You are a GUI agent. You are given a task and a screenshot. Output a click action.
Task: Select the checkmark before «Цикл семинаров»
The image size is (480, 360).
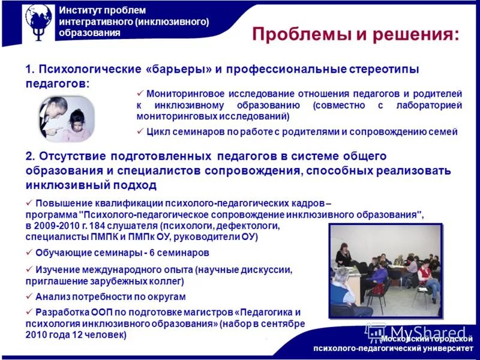coord(140,131)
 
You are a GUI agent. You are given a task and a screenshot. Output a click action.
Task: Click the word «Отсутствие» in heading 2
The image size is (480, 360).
coord(72,156)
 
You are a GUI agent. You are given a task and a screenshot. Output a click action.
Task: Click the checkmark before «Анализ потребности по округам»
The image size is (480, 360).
coord(29,296)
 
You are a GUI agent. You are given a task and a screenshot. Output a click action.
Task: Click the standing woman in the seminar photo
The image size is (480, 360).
coord(344,256)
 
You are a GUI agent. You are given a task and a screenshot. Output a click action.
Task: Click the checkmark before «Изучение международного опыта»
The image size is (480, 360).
coord(29,269)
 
